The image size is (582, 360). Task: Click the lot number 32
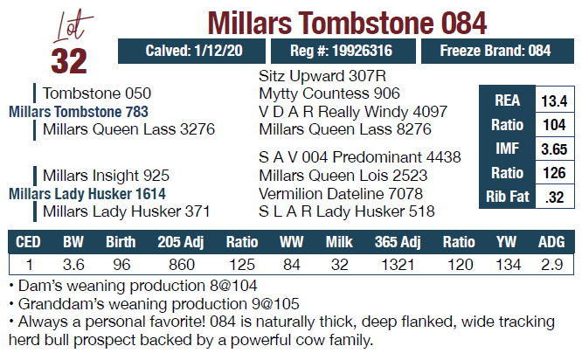click(69, 61)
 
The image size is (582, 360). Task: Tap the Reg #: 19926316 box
click(341, 52)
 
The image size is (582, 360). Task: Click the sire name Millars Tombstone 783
click(78, 112)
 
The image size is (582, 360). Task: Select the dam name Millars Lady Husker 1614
click(87, 194)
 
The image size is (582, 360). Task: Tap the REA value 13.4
click(554, 100)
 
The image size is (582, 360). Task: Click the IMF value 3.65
click(554, 149)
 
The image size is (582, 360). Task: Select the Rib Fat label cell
click(508, 197)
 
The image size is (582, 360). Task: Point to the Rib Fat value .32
click(554, 197)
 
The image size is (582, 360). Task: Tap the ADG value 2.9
click(551, 263)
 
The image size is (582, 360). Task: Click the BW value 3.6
click(74, 263)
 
